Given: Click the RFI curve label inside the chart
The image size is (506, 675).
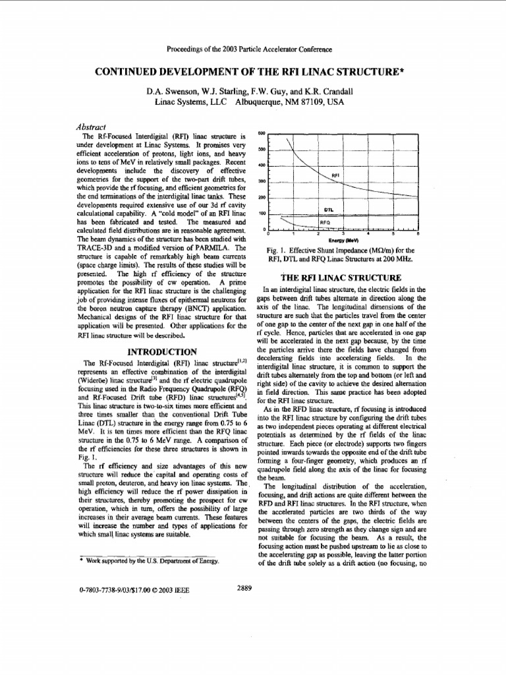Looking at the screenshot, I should (335, 176).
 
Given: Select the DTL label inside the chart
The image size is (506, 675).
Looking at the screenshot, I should (330, 210).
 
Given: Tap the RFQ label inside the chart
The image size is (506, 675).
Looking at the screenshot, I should (324, 223).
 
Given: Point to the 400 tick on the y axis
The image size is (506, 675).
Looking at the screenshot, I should (261, 165).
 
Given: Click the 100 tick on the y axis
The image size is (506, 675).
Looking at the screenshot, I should (261, 214).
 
